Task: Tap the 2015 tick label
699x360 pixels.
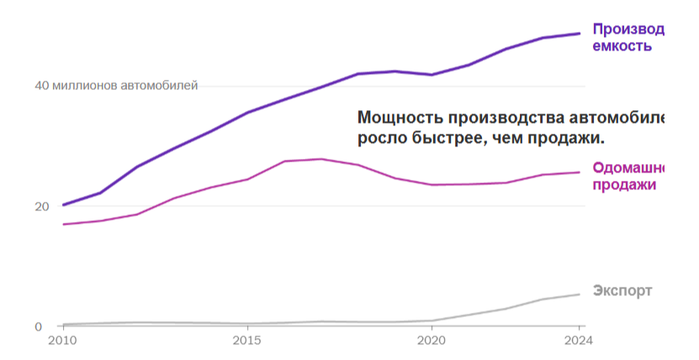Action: point(246,341)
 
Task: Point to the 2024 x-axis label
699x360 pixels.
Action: point(579,341)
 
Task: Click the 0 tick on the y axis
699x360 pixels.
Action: point(38,326)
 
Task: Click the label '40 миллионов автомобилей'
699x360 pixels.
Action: point(116,86)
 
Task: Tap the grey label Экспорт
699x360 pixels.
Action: point(622,291)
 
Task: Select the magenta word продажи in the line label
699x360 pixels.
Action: point(624,185)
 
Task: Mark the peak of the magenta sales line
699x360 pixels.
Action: point(320,159)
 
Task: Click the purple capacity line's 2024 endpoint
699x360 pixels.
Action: point(580,34)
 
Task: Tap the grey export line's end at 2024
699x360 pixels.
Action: point(580,294)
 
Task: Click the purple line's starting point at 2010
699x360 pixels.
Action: point(63,205)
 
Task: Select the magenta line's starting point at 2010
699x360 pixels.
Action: point(63,225)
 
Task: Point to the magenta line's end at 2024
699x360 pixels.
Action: point(580,172)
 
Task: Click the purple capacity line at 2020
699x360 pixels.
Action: point(432,75)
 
